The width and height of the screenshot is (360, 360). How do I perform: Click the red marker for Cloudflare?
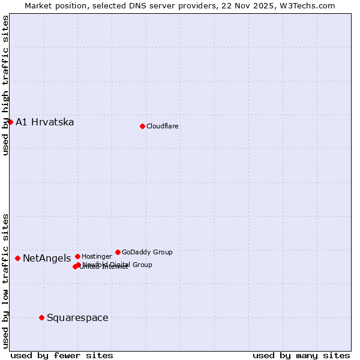pyautogui.click(x=142, y=126)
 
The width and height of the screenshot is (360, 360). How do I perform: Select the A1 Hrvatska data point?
pyautogui.click(x=10, y=122)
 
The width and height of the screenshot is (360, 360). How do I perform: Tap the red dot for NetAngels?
pyautogui.click(x=18, y=258)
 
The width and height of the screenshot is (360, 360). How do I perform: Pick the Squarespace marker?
pyautogui.click(x=41, y=317)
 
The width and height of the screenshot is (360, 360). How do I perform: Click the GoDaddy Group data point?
pyautogui.click(x=118, y=252)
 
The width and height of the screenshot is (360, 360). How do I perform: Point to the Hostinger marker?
pyautogui.click(x=77, y=256)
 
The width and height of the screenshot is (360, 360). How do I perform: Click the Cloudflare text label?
pyautogui.click(x=163, y=126)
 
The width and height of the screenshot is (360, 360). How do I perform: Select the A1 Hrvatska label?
pyautogui.click(x=45, y=122)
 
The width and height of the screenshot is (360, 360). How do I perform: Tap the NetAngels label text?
pyautogui.click(x=47, y=259)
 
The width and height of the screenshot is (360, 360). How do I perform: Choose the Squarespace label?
pyautogui.click(x=77, y=318)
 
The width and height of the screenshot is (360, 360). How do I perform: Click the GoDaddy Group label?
pyautogui.click(x=147, y=252)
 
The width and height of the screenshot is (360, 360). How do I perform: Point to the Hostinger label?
pyautogui.click(x=97, y=256)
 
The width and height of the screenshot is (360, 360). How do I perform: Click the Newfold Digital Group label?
pyautogui.click(x=118, y=265)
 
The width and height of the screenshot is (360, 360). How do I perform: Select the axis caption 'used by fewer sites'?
pyautogui.click(x=62, y=356)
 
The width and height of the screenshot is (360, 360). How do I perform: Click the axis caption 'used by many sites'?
pyautogui.click(x=301, y=356)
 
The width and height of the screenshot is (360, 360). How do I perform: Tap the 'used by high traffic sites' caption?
pyautogui.click(x=6, y=85)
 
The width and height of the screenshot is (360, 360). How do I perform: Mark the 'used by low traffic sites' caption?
pyautogui.click(x=6, y=280)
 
